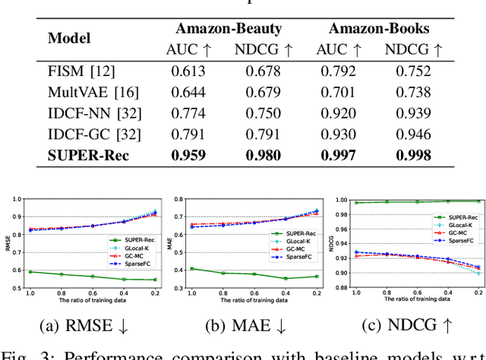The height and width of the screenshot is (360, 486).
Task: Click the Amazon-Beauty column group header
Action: point(229,29)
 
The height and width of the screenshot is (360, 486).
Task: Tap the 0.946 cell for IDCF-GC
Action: point(416,136)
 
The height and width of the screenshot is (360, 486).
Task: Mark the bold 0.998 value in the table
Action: point(416,156)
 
